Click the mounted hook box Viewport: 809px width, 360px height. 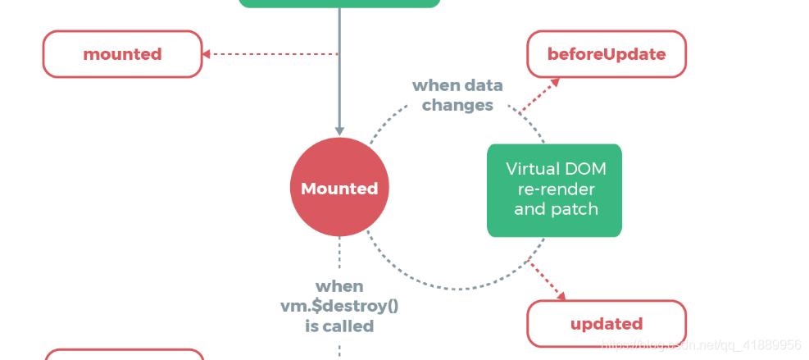coord(122,54)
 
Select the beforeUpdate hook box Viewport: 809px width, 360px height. coord(606,54)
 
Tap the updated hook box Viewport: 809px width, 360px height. coord(606,323)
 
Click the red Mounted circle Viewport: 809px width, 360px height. coord(339,189)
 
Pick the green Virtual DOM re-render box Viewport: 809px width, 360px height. coord(554,190)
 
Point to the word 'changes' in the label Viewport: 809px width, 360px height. coord(457,105)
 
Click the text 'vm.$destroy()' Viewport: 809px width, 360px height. coord(339,306)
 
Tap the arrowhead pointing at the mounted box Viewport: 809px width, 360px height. coord(207,54)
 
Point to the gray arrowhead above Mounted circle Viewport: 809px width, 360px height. coord(339,130)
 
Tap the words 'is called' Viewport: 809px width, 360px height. coord(339,326)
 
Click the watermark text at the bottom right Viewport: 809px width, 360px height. coord(701,345)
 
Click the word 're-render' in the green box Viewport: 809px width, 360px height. coord(554,189)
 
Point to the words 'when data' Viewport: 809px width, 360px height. coord(457,85)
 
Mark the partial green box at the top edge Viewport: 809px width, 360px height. coord(339,3)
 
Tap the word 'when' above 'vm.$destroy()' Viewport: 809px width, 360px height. coord(339,286)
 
